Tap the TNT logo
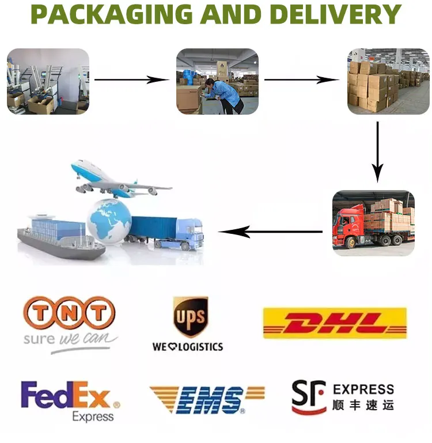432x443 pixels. [69, 314]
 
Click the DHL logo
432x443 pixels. [335, 323]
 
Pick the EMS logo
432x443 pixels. [207, 399]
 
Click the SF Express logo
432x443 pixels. [343, 397]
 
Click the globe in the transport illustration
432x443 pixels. [109, 221]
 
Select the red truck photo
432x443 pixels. [373, 223]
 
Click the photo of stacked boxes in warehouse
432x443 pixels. [388, 81]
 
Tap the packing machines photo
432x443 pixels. [48, 81]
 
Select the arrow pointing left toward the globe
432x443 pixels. [270, 232]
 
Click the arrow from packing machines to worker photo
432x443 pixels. [132, 79]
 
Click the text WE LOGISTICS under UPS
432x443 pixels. [188, 347]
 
